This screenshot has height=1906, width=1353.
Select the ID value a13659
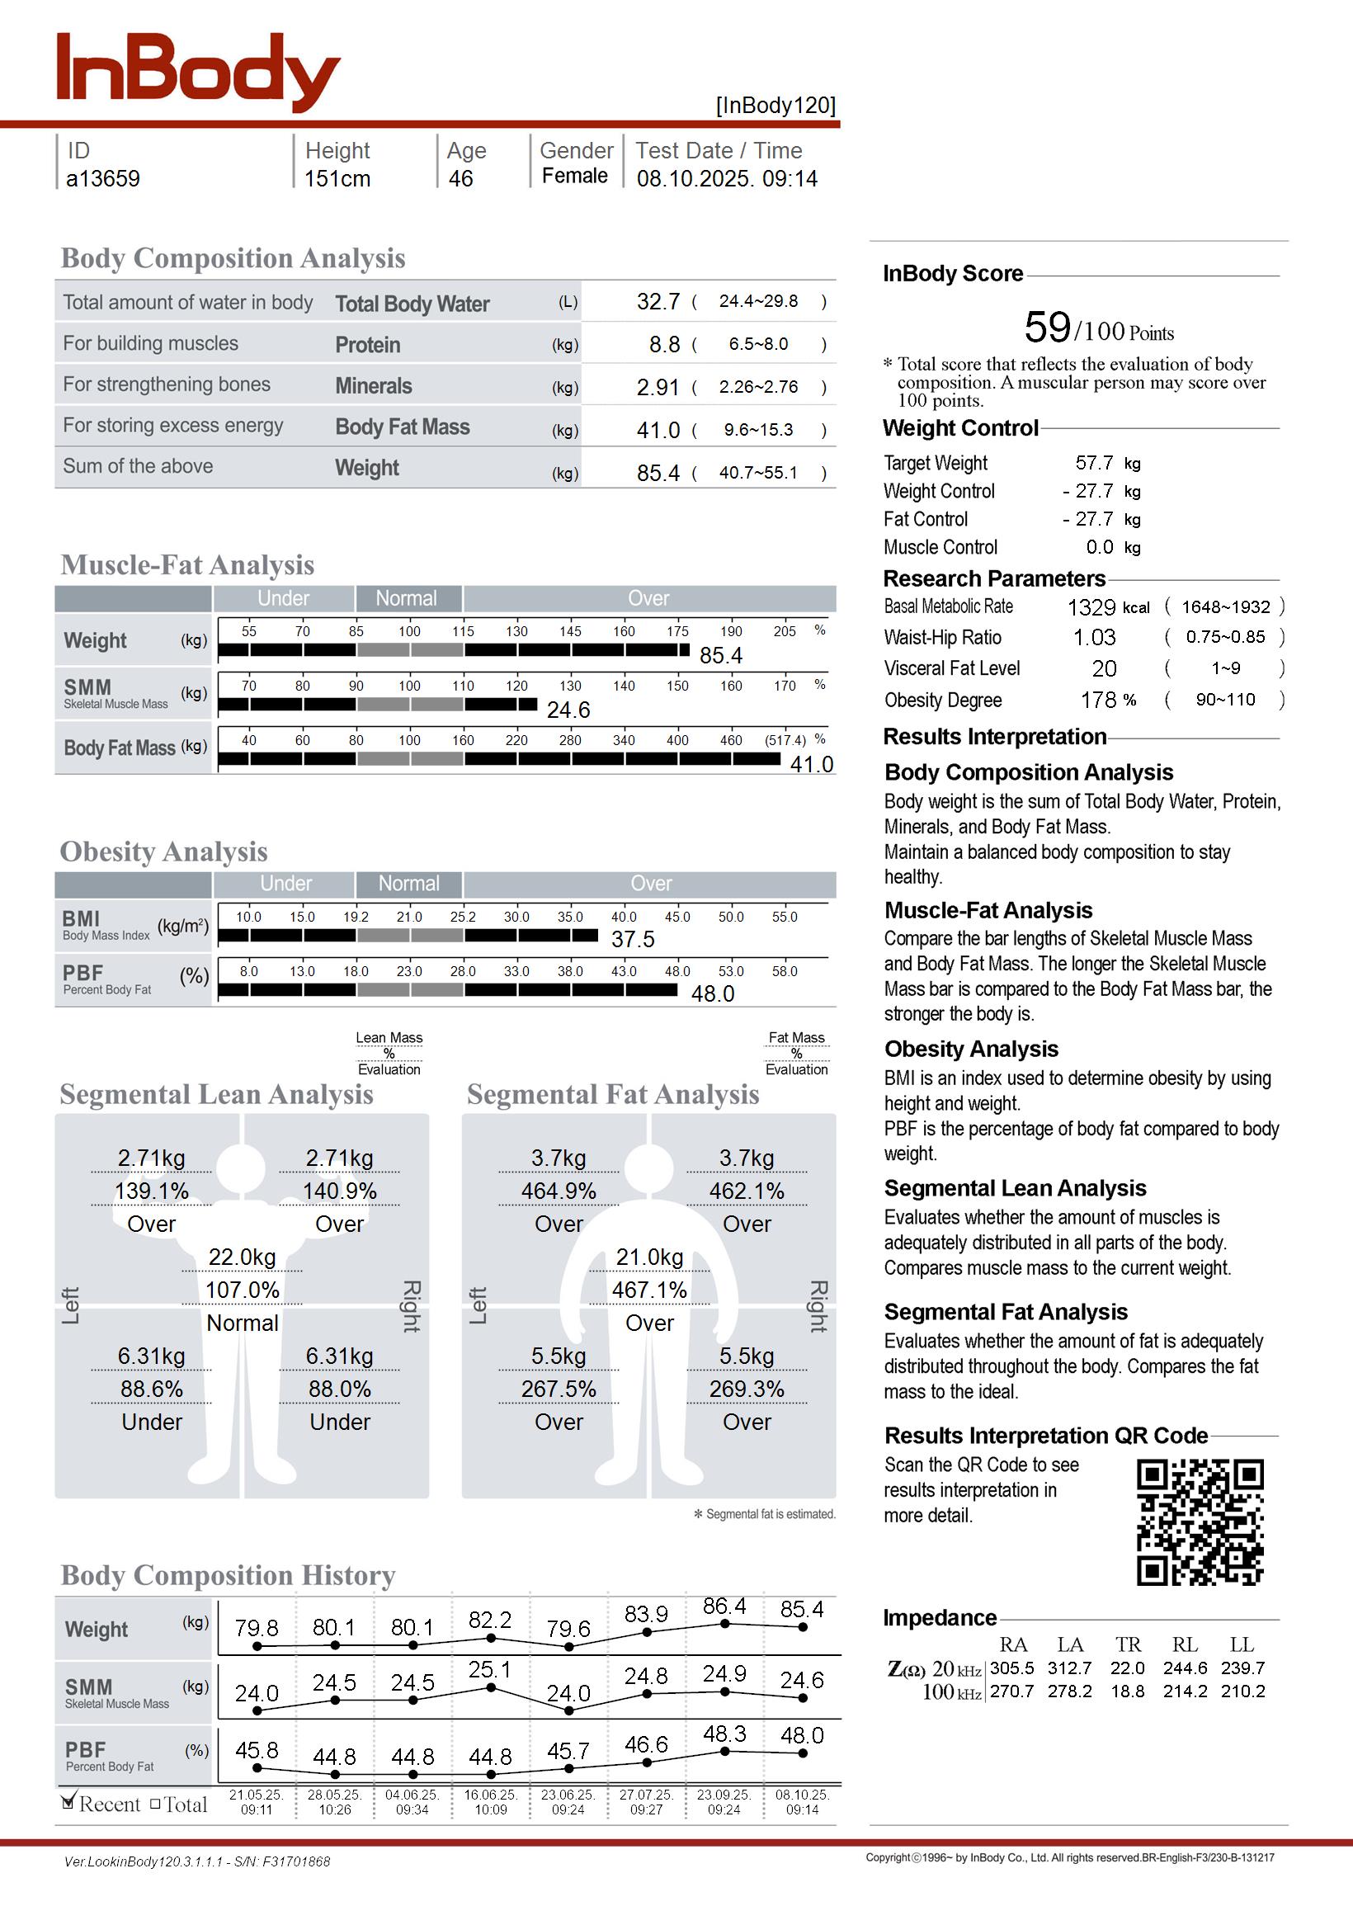point(102,179)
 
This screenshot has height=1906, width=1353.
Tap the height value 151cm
point(337,179)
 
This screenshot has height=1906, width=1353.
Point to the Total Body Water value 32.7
point(658,301)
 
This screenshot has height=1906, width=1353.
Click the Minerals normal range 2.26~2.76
point(758,387)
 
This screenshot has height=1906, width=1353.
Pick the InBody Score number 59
point(1047,328)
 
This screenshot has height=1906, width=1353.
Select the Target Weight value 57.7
point(1094,463)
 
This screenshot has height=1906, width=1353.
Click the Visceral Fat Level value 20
point(1104,669)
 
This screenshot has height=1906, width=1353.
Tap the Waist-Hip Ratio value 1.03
point(1094,638)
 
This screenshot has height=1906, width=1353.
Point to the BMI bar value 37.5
point(633,940)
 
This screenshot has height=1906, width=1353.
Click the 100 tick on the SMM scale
point(409,686)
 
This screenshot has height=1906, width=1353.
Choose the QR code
point(1200,1522)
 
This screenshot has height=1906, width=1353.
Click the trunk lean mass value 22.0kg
point(243,1257)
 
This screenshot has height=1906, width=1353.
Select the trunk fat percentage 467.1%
point(650,1290)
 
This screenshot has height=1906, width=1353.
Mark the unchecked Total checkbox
point(155,1805)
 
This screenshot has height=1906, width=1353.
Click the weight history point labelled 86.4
point(725,1624)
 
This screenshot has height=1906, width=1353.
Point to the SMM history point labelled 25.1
point(491,1687)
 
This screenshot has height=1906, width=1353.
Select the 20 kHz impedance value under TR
point(1127,1668)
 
